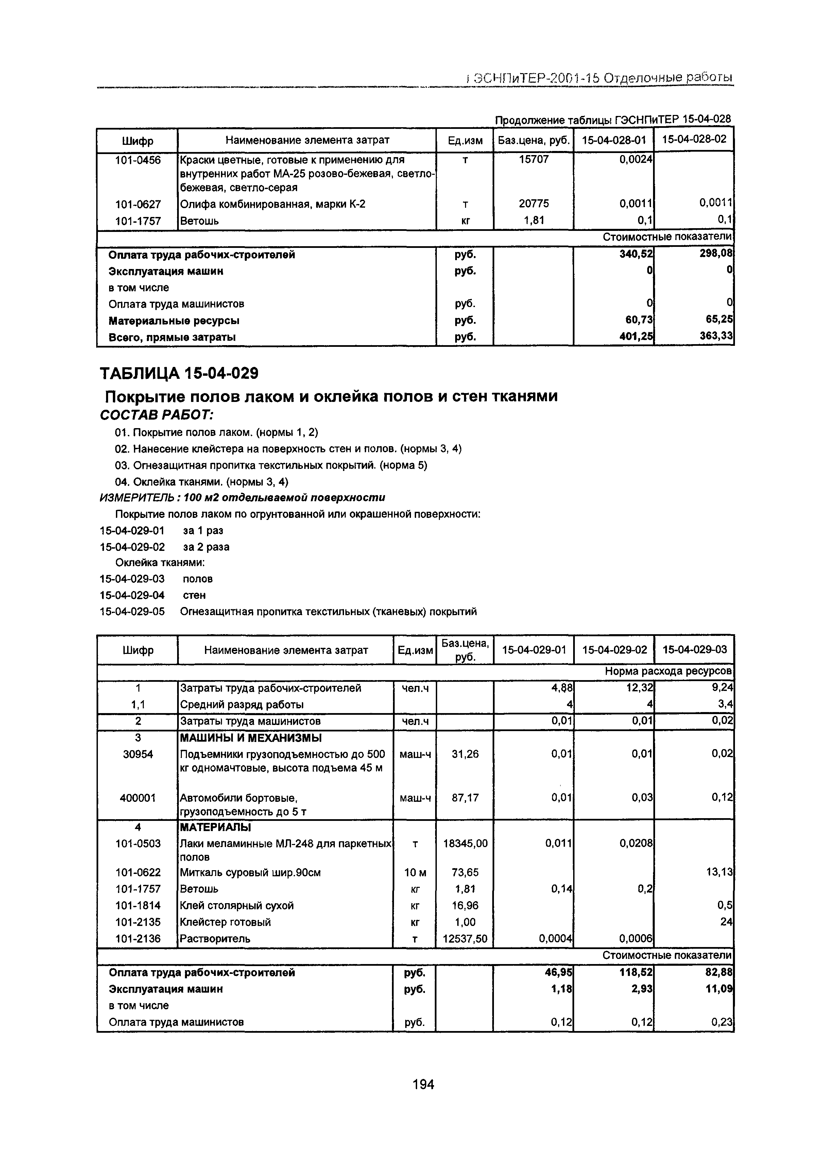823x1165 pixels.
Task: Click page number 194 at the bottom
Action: coord(423,1084)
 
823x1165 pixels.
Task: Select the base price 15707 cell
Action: coord(533,160)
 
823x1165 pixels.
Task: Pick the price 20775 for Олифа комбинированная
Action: coord(533,204)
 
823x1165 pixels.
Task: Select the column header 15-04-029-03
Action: coord(694,650)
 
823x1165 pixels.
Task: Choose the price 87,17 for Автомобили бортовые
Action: coord(465,798)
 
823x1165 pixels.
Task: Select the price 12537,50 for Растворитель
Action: coord(465,939)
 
